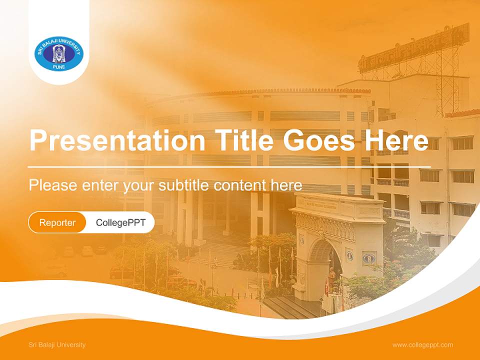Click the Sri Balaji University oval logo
coord(59,53)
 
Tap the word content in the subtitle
coord(240,185)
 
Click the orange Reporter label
coord(57,222)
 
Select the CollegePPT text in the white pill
coord(120,222)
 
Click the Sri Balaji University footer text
coord(57,344)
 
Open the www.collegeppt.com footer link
coord(422,344)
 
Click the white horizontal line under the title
coord(229,166)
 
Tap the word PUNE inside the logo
coord(59,67)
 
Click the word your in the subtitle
coord(140,186)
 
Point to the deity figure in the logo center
coord(59,53)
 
